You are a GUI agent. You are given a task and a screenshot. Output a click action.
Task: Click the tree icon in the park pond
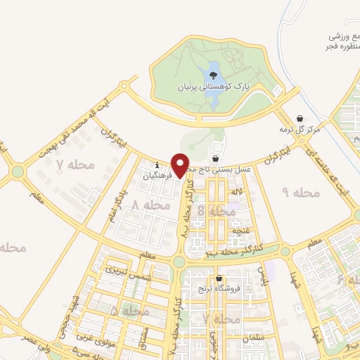point(212,73)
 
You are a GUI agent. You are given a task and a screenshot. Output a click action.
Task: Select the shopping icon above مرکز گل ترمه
point(300,118)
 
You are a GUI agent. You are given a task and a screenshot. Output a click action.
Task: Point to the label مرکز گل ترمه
point(300,129)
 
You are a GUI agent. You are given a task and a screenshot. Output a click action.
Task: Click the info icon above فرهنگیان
point(157,166)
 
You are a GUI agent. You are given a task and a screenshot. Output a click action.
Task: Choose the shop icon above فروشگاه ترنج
point(220,278)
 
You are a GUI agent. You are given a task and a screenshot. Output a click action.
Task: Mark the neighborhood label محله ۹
point(301,191)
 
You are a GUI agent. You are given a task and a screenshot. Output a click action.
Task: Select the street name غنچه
point(241,229)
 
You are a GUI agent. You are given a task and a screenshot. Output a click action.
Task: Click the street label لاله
point(237,191)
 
